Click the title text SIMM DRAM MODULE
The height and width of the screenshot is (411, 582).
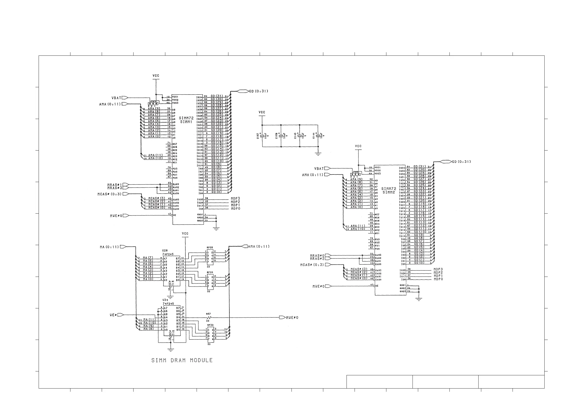click(182, 360)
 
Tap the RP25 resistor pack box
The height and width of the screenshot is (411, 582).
click(210, 257)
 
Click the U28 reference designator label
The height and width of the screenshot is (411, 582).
click(165, 250)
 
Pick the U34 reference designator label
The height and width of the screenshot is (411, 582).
click(165, 300)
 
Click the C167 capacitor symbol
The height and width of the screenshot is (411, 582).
click(262, 136)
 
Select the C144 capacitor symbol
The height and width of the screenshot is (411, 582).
click(318, 136)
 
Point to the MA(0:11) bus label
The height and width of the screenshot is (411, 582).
click(109, 247)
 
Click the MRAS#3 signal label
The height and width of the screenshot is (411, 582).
click(115, 188)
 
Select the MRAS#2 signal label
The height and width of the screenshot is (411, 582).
click(317, 259)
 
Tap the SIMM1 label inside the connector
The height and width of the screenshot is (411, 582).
click(186, 122)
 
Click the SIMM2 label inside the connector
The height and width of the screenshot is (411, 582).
click(389, 192)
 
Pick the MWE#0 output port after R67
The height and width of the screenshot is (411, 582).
click(282, 318)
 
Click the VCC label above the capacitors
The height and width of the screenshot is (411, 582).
click(262, 112)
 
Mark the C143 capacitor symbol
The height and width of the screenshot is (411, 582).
click(300, 136)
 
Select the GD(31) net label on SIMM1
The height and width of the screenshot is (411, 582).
click(217, 96)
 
